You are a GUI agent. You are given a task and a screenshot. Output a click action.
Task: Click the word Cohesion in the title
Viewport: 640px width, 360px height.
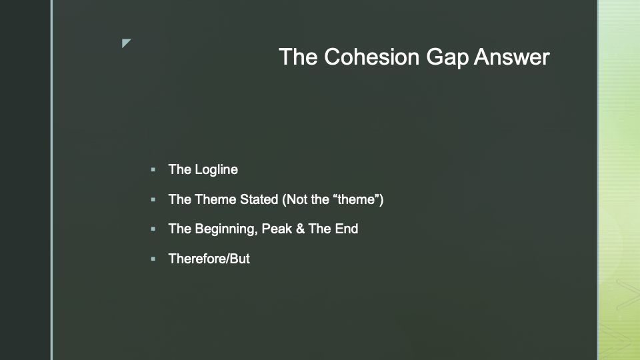tap(371, 57)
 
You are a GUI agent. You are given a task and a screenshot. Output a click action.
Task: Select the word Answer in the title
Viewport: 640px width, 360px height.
tap(512, 57)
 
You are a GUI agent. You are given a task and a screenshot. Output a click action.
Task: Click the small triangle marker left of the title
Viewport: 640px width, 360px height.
tap(126, 43)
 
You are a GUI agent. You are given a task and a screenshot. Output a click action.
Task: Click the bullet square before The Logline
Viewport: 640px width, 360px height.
tap(153, 169)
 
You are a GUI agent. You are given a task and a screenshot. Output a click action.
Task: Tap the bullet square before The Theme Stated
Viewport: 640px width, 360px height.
tap(153, 199)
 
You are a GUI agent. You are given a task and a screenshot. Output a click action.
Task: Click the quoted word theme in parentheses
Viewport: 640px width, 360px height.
tap(356, 199)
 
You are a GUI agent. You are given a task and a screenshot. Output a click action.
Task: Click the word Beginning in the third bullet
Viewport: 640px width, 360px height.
tap(226, 229)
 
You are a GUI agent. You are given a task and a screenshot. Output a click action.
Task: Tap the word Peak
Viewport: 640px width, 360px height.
tap(277, 229)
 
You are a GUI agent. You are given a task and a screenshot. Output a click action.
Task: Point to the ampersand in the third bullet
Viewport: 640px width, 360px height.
tap(301, 229)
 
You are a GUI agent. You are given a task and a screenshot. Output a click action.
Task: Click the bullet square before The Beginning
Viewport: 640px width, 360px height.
tap(153, 229)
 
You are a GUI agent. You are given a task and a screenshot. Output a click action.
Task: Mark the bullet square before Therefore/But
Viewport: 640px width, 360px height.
tap(153, 259)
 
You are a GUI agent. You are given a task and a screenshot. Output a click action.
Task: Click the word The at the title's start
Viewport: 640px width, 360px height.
tap(299, 57)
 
